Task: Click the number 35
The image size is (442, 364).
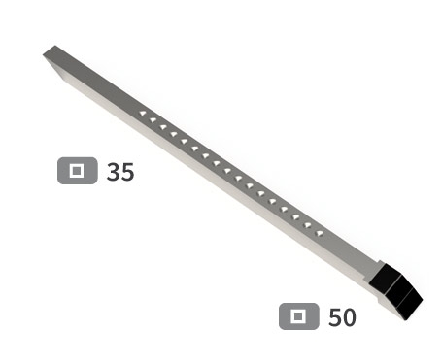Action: [x=120, y=172]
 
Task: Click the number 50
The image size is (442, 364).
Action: [x=342, y=317]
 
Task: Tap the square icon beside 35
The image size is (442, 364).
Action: [x=78, y=171]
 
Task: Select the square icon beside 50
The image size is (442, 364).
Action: [x=299, y=316]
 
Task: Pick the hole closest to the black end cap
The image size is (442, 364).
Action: [x=319, y=232]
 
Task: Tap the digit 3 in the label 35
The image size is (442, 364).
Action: [x=114, y=172]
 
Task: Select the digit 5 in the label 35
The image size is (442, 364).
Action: [x=127, y=172]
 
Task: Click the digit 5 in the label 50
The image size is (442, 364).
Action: [x=335, y=317]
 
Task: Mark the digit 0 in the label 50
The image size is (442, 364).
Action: [x=349, y=317]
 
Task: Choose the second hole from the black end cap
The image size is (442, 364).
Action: [x=308, y=225]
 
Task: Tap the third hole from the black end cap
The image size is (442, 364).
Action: [x=296, y=217]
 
